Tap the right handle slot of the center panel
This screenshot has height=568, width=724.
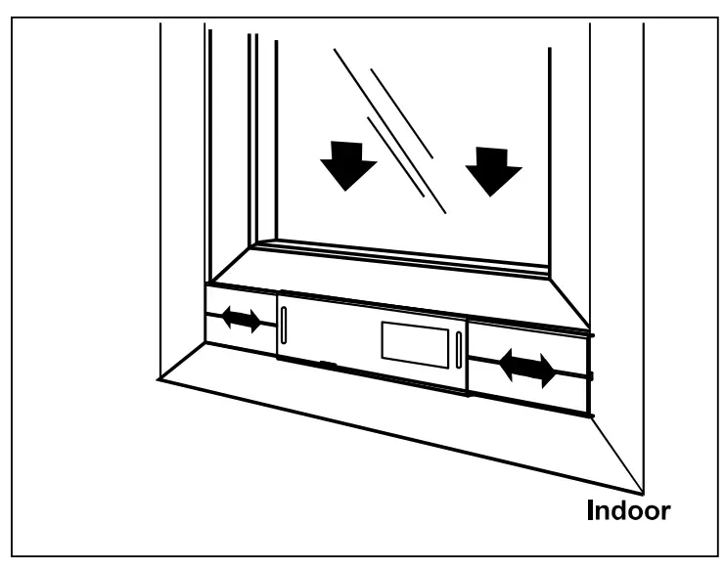click(458, 352)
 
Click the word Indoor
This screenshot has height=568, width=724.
click(628, 510)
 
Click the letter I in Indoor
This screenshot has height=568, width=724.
click(590, 510)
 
